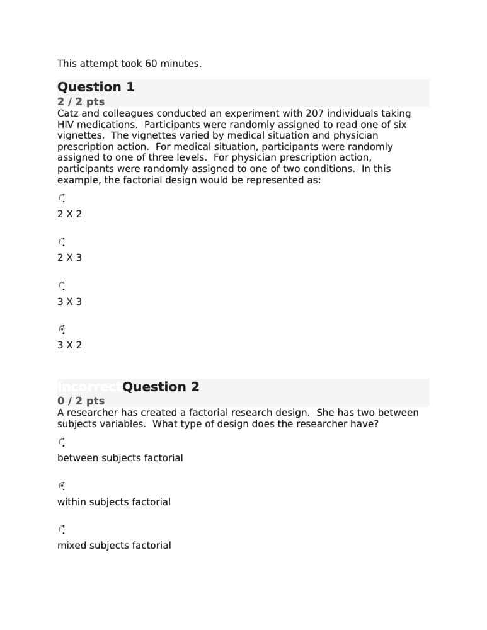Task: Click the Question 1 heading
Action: pyautogui.click(x=96, y=87)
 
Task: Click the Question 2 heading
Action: pyautogui.click(x=161, y=387)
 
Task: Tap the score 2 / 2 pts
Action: pyautogui.click(x=81, y=101)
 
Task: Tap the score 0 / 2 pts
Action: pyautogui.click(x=81, y=401)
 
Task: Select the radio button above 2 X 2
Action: pyautogui.click(x=62, y=198)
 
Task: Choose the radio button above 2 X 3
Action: pyautogui.click(x=62, y=241)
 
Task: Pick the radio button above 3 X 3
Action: pyautogui.click(x=62, y=285)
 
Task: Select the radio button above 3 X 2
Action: pyautogui.click(x=62, y=329)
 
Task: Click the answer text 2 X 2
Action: pyautogui.click(x=69, y=214)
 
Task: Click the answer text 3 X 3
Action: pyautogui.click(x=69, y=302)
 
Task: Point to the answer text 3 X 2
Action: pyautogui.click(x=69, y=345)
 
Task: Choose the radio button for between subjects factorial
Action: pyautogui.click(x=62, y=442)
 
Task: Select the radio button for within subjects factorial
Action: pyautogui.click(x=62, y=486)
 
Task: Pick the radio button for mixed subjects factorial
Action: pyautogui.click(x=62, y=530)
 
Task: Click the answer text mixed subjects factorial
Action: pyautogui.click(x=114, y=546)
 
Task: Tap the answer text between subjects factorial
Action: pyautogui.click(x=120, y=458)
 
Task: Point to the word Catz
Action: pyautogui.click(x=69, y=113)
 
